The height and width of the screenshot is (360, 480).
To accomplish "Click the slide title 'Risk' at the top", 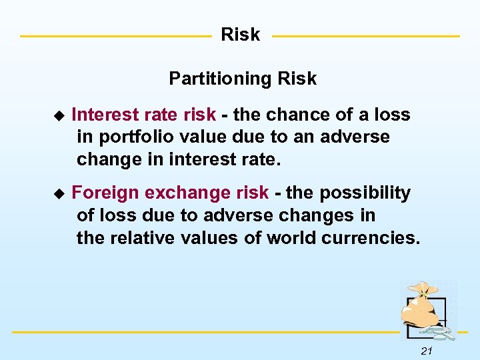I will [x=240, y=35].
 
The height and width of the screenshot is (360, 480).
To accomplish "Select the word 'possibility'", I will [x=365, y=193].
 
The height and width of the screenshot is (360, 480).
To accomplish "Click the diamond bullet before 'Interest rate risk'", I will [x=59, y=115].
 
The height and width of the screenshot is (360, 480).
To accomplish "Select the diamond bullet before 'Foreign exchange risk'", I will [x=59, y=193].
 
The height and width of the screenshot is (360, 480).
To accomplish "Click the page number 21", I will [x=427, y=351].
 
